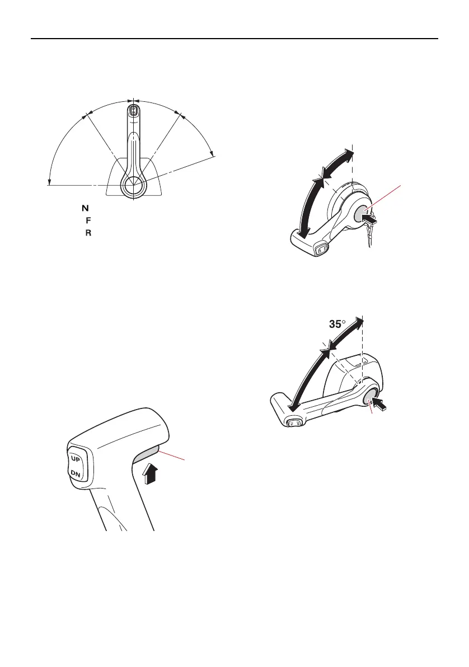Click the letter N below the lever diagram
click(86, 208)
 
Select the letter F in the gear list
click(88, 220)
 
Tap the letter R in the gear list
click(88, 232)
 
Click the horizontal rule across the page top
click(234, 39)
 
